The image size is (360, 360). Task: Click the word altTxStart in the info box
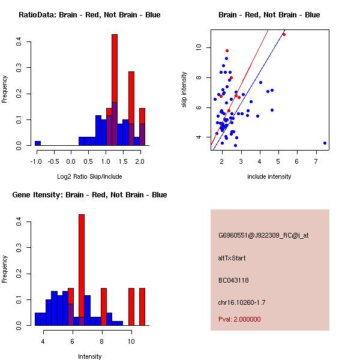(232, 258)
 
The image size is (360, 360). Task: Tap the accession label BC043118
(233, 280)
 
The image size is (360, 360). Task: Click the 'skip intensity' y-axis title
(184, 90)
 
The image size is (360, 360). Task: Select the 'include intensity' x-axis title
(269, 176)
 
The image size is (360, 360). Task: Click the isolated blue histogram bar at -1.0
(38, 143)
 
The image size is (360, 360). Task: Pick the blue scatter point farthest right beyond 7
(325, 143)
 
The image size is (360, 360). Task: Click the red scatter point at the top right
(284, 34)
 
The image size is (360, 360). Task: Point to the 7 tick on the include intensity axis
(316, 161)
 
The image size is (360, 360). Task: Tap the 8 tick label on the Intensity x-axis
(102, 341)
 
